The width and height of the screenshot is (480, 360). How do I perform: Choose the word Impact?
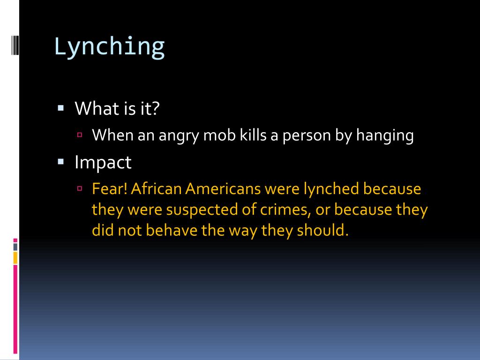[103, 163]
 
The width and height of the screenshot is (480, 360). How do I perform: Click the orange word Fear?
[110, 189]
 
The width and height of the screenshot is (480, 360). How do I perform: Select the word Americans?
[222, 189]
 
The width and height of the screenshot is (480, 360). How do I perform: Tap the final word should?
[323, 230]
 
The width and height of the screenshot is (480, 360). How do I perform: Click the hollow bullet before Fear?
[80, 189]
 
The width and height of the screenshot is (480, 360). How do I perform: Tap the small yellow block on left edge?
[15, 257]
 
